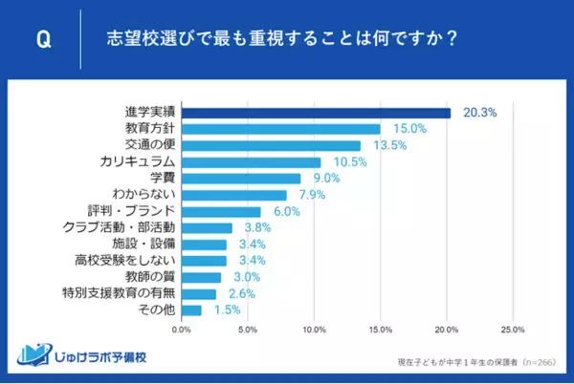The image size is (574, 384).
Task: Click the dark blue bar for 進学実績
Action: [316, 113]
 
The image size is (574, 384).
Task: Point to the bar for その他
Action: [191, 310]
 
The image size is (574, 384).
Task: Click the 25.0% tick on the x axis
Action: [512, 330]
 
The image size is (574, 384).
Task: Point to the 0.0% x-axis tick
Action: [181, 330]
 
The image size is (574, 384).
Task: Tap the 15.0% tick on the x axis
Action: [380, 330]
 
